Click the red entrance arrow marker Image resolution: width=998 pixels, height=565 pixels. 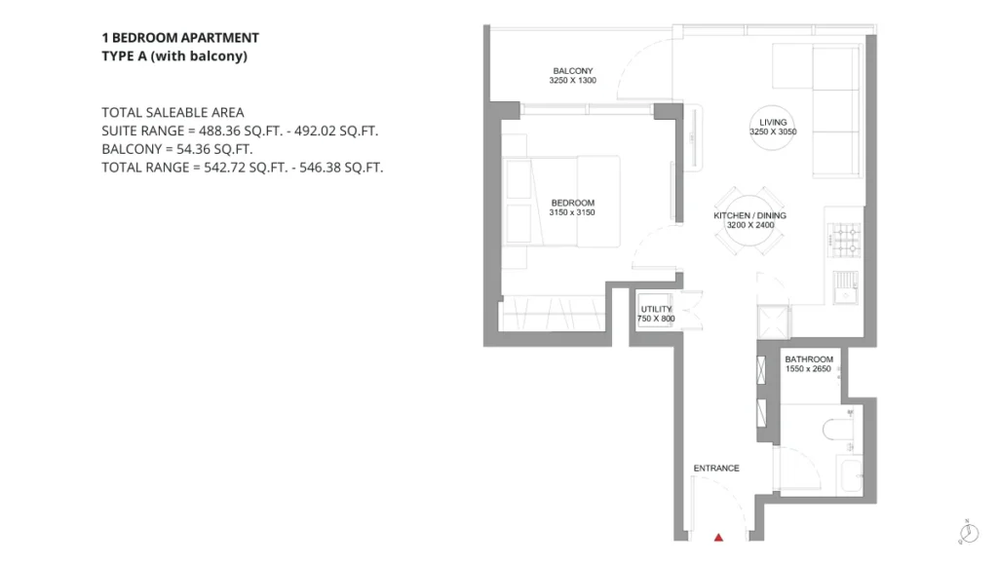pyautogui.click(x=718, y=538)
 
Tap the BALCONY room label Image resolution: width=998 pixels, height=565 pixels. pyautogui.click(x=573, y=70)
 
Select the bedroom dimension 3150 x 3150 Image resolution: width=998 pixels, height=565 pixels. pyautogui.click(x=572, y=212)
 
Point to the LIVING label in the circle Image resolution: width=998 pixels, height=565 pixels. pyautogui.click(x=773, y=122)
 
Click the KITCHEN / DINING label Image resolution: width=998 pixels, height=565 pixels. pyautogui.click(x=749, y=215)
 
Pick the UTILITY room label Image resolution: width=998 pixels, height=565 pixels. pyautogui.click(x=656, y=309)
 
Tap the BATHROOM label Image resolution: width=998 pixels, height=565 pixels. pyautogui.click(x=809, y=359)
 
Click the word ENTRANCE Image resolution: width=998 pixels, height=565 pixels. pyautogui.click(x=716, y=469)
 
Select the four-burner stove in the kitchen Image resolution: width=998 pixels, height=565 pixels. pyautogui.click(x=845, y=240)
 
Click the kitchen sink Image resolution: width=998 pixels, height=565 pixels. pyautogui.click(x=846, y=287)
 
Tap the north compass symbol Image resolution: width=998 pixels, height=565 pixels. pyautogui.click(x=969, y=532)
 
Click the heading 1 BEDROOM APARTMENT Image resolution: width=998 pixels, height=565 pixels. pyautogui.click(x=180, y=38)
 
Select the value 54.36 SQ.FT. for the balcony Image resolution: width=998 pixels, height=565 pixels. pyautogui.click(x=214, y=149)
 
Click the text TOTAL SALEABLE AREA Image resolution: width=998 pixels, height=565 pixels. pyautogui.click(x=173, y=113)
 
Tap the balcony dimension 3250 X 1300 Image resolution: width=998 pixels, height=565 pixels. pyautogui.click(x=573, y=81)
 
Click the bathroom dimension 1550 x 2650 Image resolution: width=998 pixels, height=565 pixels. pyautogui.click(x=808, y=369)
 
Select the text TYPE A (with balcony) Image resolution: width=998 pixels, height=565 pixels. pyautogui.click(x=174, y=56)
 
